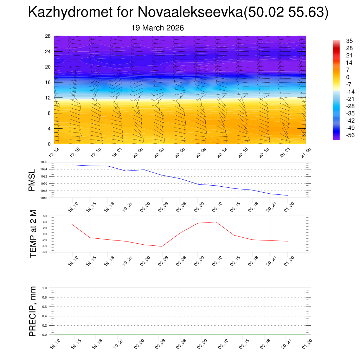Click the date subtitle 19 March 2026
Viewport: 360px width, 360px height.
click(157, 28)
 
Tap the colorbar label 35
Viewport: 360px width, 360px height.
click(349, 41)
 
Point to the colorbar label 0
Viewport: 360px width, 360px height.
click(348, 77)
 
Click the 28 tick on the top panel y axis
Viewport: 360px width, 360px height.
click(48, 36)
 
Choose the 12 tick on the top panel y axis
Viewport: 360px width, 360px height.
click(48, 98)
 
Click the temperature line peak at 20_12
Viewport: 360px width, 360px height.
click(216, 222)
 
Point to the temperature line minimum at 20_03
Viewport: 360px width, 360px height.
click(162, 246)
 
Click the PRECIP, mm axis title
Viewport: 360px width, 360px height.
click(33, 311)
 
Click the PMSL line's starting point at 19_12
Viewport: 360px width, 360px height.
click(72, 165)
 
